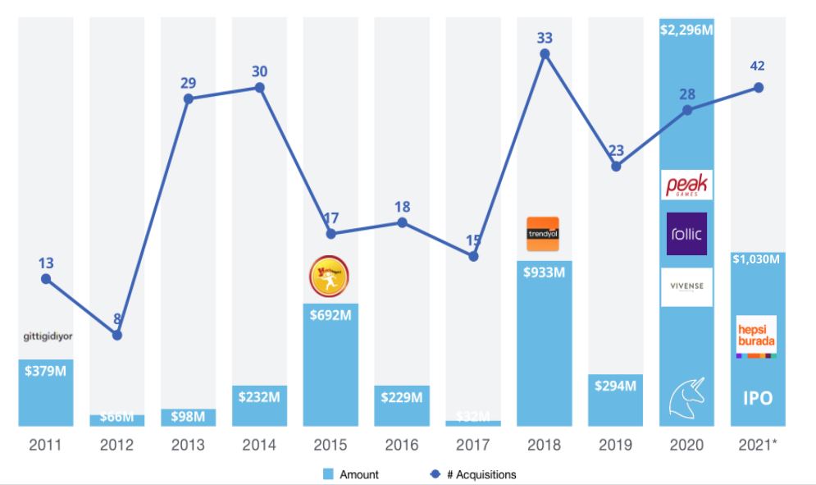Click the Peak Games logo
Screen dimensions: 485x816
click(x=687, y=185)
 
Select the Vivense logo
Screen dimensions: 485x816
click(x=687, y=286)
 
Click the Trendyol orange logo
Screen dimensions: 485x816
click(x=543, y=234)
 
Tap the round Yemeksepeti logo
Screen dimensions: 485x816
click(x=330, y=277)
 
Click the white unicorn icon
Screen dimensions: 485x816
click(x=687, y=395)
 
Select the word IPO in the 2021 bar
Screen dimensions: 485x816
click(x=758, y=400)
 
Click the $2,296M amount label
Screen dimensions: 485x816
click(x=687, y=30)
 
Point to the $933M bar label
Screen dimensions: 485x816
click(x=543, y=272)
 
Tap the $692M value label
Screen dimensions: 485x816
click(x=330, y=314)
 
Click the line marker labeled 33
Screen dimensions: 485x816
click(x=545, y=54)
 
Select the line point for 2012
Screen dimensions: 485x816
click(x=117, y=335)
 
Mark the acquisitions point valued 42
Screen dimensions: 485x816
click(x=759, y=87)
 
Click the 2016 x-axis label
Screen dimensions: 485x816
click(x=401, y=446)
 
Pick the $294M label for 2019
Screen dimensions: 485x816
click(x=615, y=386)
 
